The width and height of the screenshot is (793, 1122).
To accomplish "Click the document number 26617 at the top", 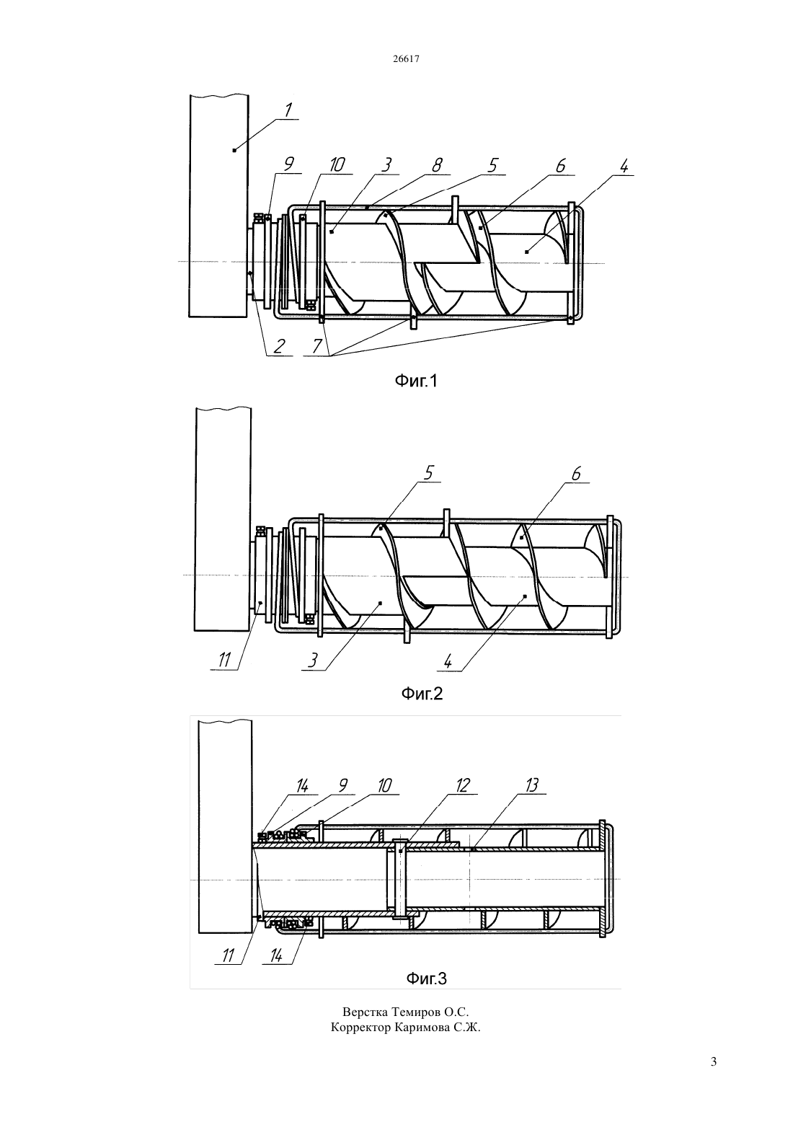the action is click(x=406, y=58).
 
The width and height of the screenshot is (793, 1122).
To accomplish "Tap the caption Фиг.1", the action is click(x=415, y=381).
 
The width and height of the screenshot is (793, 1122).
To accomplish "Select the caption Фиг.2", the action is click(x=422, y=694).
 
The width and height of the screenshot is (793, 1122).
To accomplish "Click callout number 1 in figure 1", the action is click(x=288, y=110).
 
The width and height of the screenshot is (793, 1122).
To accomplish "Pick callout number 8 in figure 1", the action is click(x=437, y=165).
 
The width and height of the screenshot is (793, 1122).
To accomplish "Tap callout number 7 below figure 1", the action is click(x=317, y=345).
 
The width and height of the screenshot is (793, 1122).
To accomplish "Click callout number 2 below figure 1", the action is click(x=279, y=345).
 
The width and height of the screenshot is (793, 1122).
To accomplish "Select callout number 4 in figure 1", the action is click(x=624, y=167).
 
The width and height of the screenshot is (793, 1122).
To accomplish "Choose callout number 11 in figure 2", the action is click(x=223, y=661).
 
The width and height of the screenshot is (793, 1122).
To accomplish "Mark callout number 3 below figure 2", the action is click(x=313, y=661).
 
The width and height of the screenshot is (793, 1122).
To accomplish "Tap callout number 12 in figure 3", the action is click(x=463, y=785).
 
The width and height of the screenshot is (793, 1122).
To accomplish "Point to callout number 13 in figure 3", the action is click(x=532, y=785).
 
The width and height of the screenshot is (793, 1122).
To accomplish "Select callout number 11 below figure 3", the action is click(x=227, y=955).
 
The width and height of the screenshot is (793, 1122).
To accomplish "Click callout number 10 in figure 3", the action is click(x=384, y=785).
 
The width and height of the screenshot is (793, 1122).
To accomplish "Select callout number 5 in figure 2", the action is click(x=428, y=473).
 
